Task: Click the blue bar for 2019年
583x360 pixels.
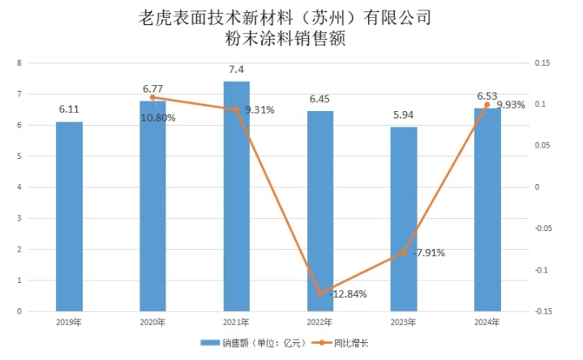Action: [x=69, y=216]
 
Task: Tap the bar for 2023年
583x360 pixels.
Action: [x=404, y=219]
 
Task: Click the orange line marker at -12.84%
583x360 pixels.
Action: [x=320, y=293]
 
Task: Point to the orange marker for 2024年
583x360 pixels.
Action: [x=487, y=105]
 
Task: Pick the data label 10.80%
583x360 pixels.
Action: [x=159, y=118]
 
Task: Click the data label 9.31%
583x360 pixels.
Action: [x=259, y=110]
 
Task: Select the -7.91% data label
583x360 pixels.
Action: [x=428, y=253]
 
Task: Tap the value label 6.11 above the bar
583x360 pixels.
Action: [x=69, y=109]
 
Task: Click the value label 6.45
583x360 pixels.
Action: [x=320, y=98]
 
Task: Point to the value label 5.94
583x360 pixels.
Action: [x=404, y=114]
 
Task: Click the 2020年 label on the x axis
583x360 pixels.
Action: [x=152, y=323]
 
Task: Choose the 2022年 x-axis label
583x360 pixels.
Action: [x=320, y=323]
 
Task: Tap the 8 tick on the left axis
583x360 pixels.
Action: [x=19, y=63]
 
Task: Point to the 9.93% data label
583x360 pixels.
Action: [x=511, y=105]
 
